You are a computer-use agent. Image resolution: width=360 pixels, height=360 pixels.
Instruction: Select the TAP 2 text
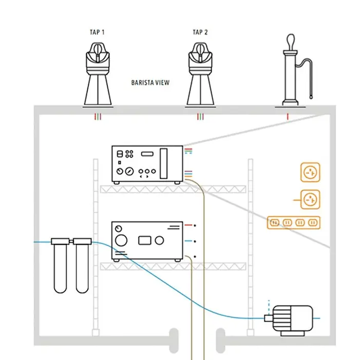click(200, 32)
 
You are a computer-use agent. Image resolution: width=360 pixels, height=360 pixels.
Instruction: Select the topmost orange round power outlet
click(310, 174)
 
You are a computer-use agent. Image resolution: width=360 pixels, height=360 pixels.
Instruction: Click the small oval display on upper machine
click(147, 153)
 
